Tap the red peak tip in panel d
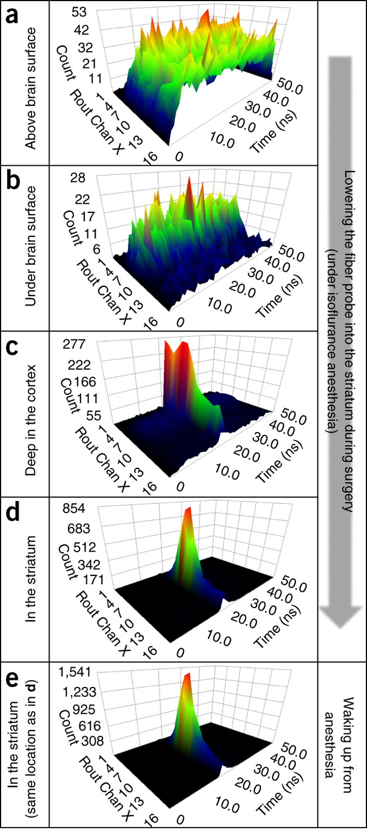click(189, 510)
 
